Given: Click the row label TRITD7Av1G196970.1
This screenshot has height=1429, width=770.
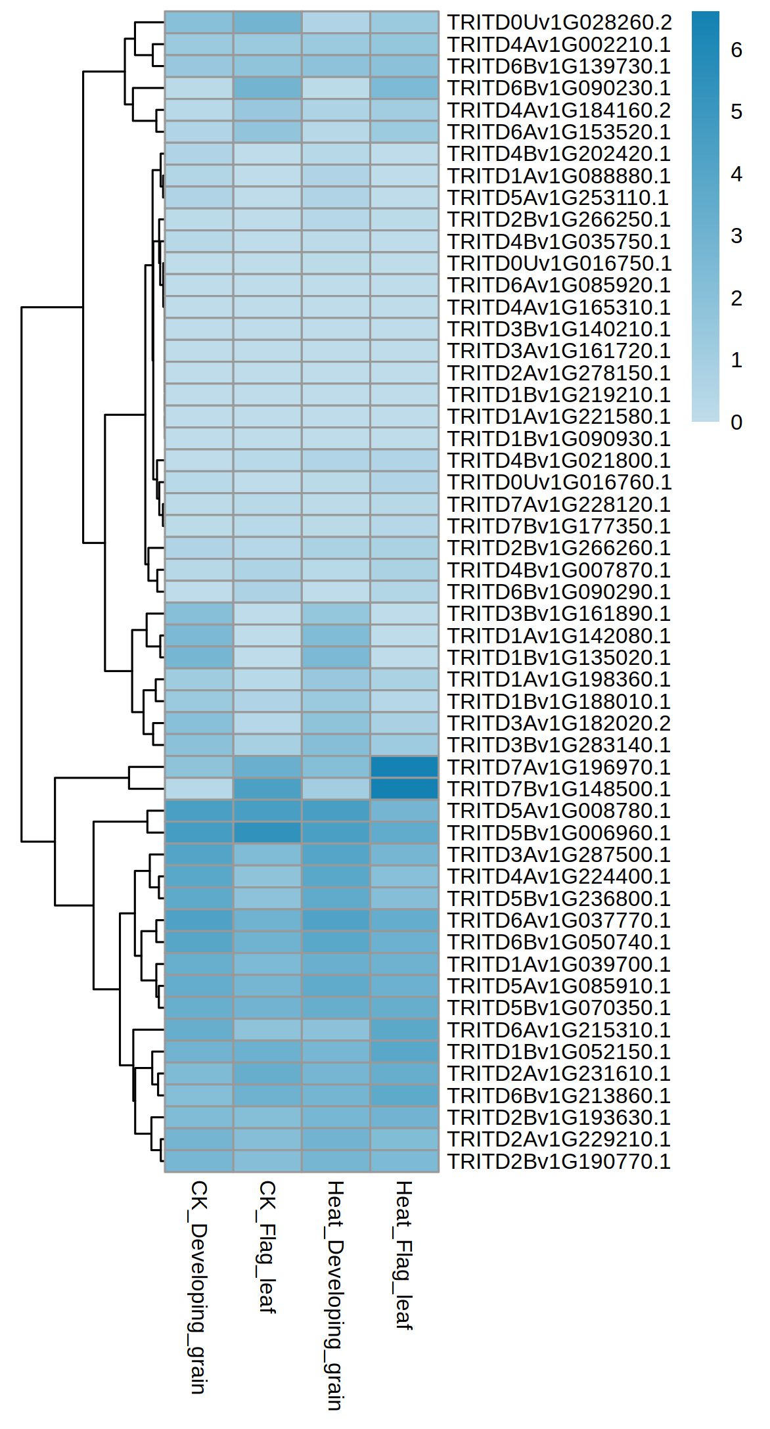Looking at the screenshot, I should point(558,767).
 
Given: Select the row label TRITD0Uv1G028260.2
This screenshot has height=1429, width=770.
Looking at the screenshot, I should point(559,22).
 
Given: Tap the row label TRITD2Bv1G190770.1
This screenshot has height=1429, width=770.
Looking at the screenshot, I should point(558,1161).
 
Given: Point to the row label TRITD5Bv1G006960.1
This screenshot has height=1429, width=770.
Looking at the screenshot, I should point(558,832).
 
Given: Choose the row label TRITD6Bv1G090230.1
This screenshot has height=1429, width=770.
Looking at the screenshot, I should point(558,88).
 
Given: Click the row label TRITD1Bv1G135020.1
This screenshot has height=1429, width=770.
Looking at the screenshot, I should point(558,657).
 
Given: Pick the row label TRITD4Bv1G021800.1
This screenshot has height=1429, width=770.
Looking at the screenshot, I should point(558,460).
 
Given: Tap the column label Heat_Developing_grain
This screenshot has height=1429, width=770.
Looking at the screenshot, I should point(335,1294).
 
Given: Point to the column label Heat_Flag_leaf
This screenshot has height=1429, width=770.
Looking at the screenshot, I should point(403,1254).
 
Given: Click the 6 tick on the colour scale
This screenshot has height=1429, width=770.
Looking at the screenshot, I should point(736,50).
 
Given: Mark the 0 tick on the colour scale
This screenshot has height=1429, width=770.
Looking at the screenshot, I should point(736,422).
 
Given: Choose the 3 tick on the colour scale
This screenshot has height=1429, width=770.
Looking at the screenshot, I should point(736,236).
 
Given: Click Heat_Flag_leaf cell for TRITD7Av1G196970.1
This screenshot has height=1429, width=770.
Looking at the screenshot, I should point(404,767).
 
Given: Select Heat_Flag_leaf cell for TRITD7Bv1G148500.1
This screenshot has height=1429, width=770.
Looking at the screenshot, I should point(404,788).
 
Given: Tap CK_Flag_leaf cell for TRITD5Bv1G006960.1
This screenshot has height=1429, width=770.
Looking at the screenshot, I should point(267,832).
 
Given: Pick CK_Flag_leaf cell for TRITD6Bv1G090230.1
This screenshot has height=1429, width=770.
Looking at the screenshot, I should point(267,88).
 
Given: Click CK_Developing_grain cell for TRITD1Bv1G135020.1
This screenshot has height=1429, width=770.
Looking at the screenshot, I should point(199,657).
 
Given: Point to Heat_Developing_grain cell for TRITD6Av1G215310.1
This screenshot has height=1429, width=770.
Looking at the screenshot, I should point(336,1030).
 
